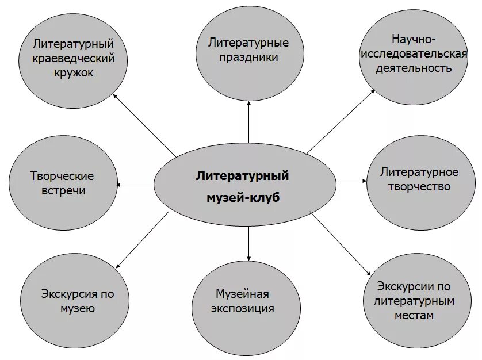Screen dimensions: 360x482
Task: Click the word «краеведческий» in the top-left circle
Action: tap(74, 58)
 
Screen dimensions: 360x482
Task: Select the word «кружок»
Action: tap(74, 73)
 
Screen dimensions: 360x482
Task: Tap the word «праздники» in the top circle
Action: tap(248, 57)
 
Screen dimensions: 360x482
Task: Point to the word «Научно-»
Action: tap(414, 40)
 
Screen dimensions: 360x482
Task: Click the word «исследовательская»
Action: tap(414, 54)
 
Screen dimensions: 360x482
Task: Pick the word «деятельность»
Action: tap(414, 68)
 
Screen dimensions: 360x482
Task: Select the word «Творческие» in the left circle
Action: tap(62, 175)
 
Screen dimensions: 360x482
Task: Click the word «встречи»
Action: tap(62, 190)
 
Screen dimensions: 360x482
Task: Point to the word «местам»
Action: tap(414, 315)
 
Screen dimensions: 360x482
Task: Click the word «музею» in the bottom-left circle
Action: tap(78, 309)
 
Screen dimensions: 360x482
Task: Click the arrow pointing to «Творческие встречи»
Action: tap(136, 185)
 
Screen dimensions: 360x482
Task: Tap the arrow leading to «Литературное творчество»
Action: tap(351, 181)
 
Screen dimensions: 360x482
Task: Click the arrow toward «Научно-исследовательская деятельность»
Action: tap(341, 121)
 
